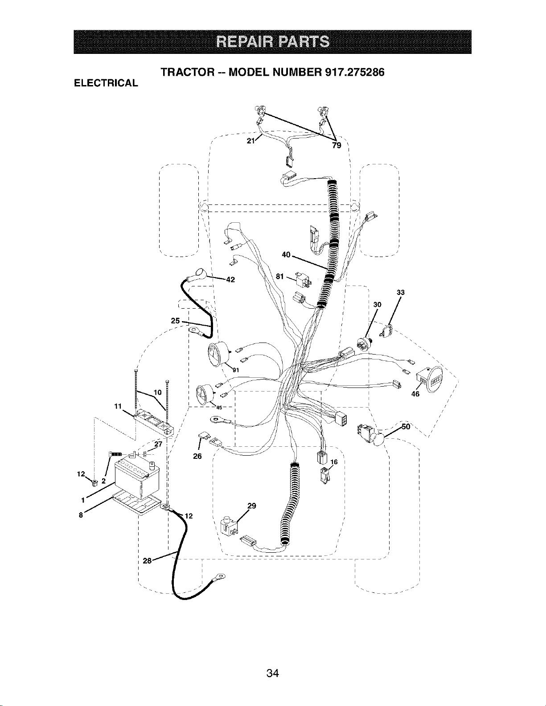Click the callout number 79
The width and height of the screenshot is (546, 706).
tap(337, 145)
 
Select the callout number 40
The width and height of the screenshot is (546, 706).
tap(286, 255)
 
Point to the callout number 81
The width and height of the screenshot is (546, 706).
tap(279, 276)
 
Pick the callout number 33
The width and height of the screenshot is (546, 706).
tap(401, 293)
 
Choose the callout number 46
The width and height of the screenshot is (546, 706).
tap(415, 394)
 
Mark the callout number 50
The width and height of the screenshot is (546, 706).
tap(406, 427)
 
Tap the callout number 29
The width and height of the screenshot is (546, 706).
tap(251, 506)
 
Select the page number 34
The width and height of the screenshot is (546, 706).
tap(273, 664)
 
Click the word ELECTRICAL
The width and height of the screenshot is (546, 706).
tap(106, 83)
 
